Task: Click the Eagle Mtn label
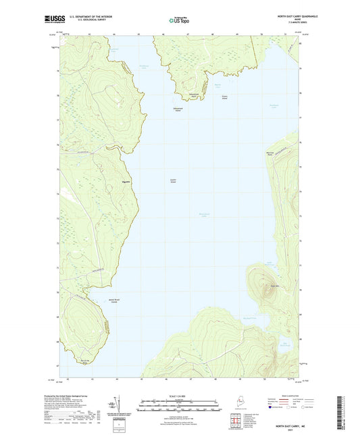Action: pyautogui.click(x=274, y=286)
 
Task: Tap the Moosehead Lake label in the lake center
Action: pyautogui.click(x=186, y=216)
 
